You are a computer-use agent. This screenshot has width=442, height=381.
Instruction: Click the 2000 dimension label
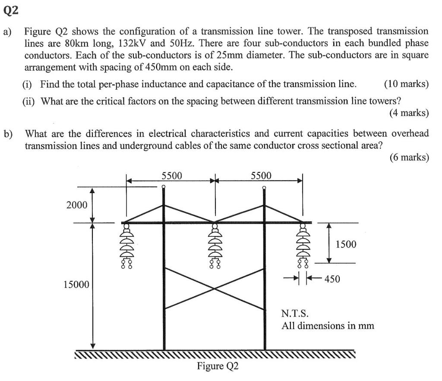[77, 205]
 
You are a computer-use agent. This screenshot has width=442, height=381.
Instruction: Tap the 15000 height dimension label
[76, 285]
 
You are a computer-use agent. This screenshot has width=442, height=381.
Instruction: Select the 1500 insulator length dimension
[346, 244]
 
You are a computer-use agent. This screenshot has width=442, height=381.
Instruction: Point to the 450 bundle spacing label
[332, 279]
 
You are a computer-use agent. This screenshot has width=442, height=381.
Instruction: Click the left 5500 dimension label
[172, 175]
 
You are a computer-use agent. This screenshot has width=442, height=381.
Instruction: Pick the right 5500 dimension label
[261, 175]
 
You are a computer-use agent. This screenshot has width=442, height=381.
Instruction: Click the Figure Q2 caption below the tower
[218, 366]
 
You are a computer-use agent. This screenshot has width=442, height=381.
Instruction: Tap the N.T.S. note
[295, 313]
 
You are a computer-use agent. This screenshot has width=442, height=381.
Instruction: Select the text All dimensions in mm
[328, 325]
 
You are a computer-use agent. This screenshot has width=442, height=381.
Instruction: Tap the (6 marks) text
[409, 158]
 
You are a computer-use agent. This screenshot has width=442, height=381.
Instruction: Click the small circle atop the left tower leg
[163, 187]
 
